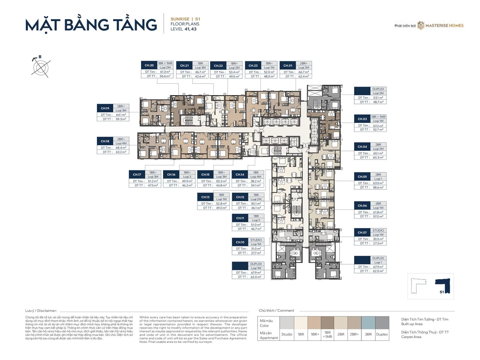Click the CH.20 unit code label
point(149,65)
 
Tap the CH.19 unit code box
point(105,108)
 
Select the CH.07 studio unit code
point(362,233)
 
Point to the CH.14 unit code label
point(240,175)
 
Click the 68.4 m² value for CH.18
point(121,148)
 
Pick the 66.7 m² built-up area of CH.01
point(303,72)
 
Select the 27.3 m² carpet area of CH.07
point(378,244)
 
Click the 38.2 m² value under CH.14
point(256,181)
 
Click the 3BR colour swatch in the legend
point(368,323)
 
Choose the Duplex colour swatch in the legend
point(382,323)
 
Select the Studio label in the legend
point(287,334)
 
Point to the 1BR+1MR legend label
point(327,334)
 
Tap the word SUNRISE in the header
point(180,19)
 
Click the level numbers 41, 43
point(190,29)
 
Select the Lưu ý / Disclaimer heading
point(41,311)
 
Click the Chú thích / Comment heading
point(276,311)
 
